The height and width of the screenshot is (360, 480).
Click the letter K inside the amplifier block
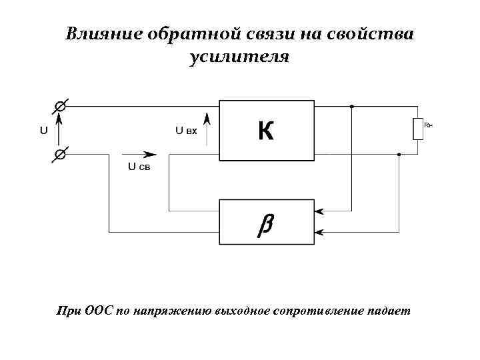(265, 131)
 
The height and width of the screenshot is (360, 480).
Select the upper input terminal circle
(59, 106)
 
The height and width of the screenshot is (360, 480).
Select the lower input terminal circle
(59, 155)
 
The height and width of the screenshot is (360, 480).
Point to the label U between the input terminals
(44, 131)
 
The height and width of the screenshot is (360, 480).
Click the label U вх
(186, 131)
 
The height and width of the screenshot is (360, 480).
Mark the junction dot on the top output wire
(352, 106)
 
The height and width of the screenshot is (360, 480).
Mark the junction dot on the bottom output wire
(399, 155)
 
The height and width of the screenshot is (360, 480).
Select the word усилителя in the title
(239, 57)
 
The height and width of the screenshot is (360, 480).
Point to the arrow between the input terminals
(59, 130)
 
